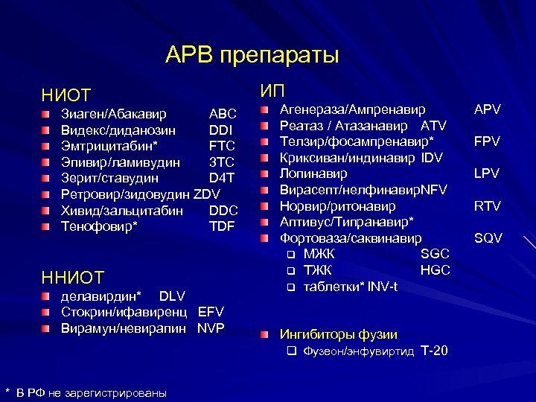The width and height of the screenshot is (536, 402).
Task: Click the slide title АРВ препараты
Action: click(252, 55)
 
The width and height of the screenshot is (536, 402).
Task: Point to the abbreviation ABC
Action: click(223, 115)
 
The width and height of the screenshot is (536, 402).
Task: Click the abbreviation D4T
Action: click(222, 179)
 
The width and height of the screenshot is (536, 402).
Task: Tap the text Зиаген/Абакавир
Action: click(114, 115)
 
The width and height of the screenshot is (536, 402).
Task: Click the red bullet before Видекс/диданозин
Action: click(47, 130)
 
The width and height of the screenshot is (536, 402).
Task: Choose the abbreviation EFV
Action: click(211, 312)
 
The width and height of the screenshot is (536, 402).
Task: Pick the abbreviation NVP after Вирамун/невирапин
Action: click(211, 328)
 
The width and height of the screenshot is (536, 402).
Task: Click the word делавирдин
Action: click(101, 296)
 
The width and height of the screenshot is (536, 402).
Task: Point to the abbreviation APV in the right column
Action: click(488, 109)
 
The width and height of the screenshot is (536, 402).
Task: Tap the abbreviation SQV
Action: click(488, 238)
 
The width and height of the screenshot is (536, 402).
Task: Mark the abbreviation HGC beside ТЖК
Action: click(435, 270)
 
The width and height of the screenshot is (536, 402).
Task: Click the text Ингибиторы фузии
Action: click(337, 334)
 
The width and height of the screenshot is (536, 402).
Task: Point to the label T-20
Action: click(434, 351)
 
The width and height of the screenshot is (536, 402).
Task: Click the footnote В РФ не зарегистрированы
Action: click(92, 392)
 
